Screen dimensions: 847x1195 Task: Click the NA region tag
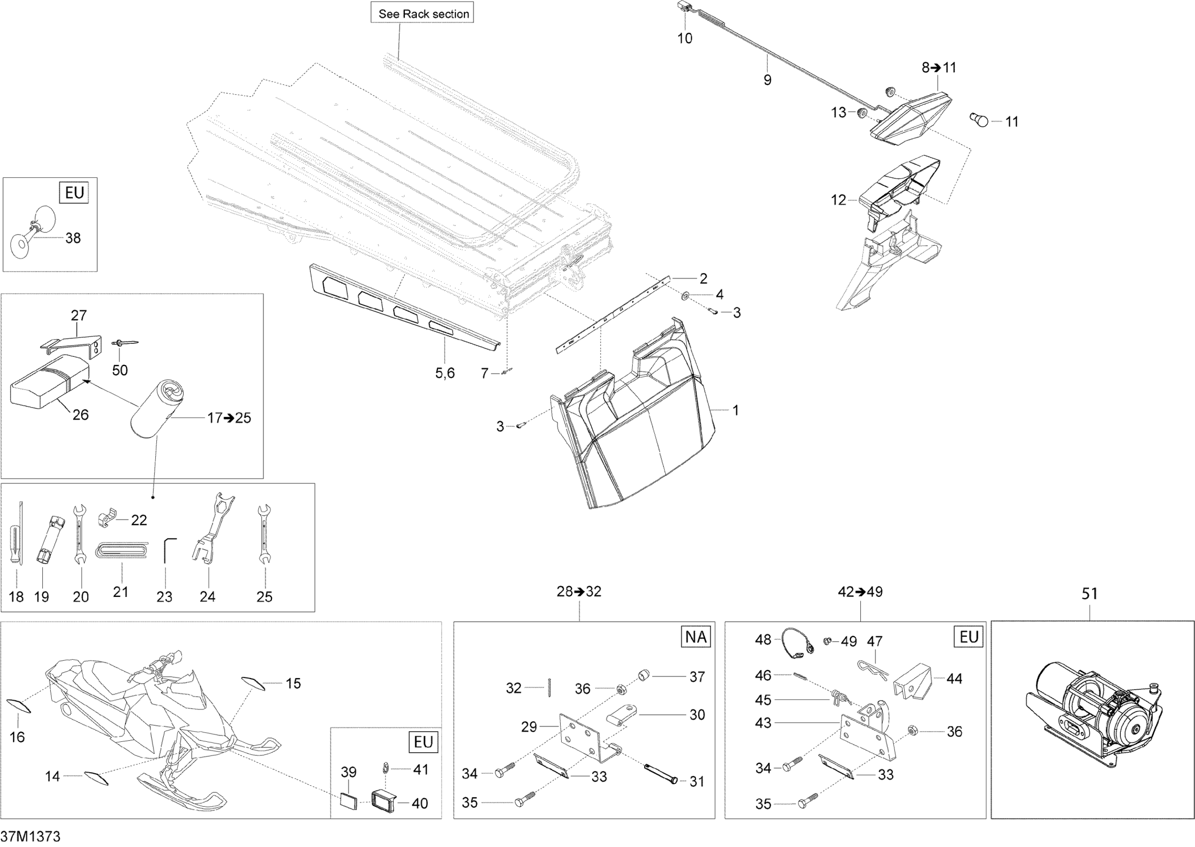coord(696,637)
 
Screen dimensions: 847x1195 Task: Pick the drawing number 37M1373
coord(30,837)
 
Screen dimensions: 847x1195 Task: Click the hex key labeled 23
coord(168,550)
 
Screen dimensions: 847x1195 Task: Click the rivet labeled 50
coord(124,343)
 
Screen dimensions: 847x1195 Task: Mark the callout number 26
coord(80,415)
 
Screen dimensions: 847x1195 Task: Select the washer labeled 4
coord(684,296)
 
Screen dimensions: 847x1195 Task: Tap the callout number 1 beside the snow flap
coord(735,411)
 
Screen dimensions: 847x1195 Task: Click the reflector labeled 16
coord(19,706)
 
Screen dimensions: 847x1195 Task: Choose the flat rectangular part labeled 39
coord(348,801)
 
